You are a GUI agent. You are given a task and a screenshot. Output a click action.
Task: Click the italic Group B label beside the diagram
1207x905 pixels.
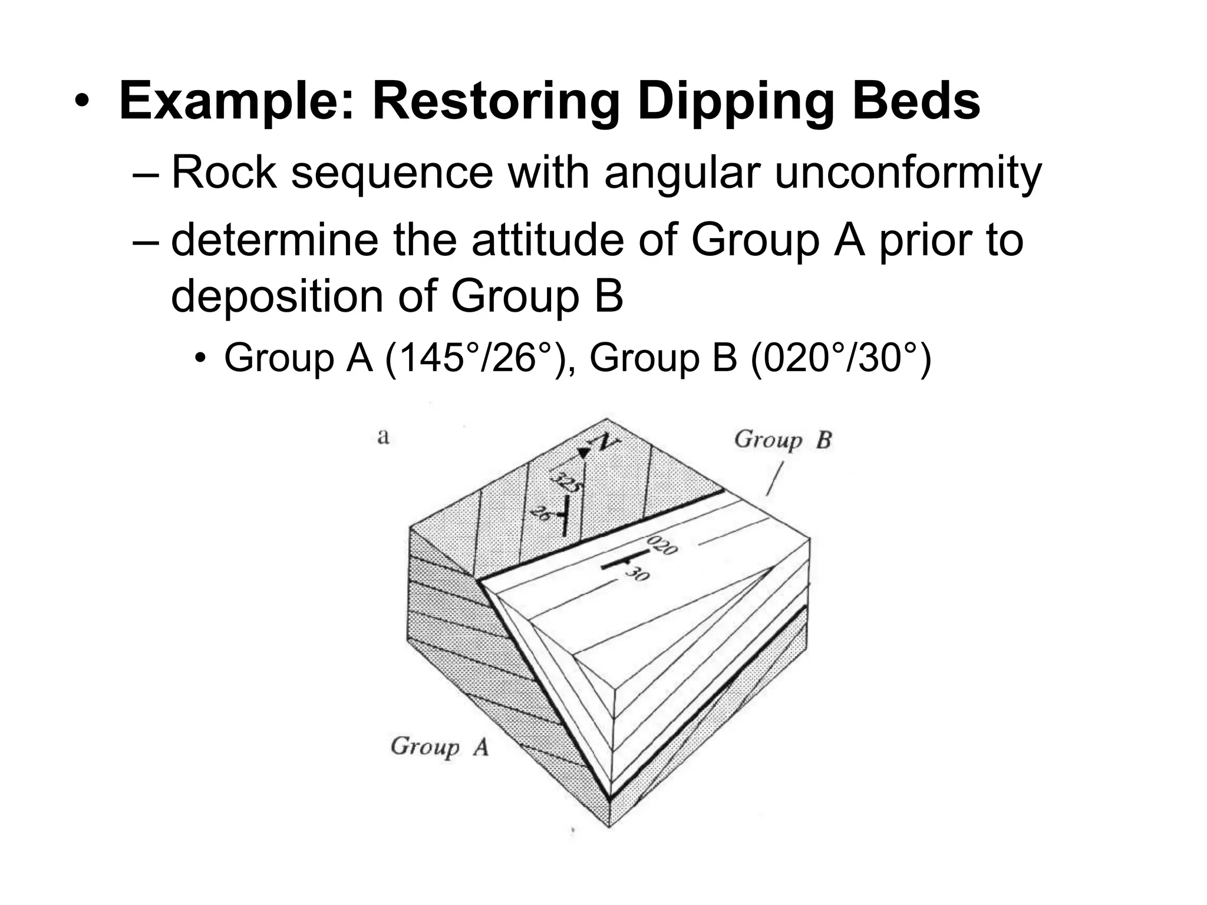point(782,440)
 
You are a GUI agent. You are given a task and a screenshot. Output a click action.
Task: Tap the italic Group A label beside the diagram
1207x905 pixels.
point(440,747)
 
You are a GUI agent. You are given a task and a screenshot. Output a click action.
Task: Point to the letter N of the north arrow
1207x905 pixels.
point(603,442)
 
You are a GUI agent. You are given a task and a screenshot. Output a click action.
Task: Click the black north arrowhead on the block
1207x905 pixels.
point(583,452)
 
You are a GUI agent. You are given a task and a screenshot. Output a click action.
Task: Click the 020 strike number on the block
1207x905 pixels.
point(662,545)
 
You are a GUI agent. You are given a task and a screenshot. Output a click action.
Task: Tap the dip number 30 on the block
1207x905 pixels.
point(637,573)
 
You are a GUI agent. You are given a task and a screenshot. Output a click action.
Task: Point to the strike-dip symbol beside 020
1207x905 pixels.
point(622,560)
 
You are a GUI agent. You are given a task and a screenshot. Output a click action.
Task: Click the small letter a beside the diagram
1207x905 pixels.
point(384,437)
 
